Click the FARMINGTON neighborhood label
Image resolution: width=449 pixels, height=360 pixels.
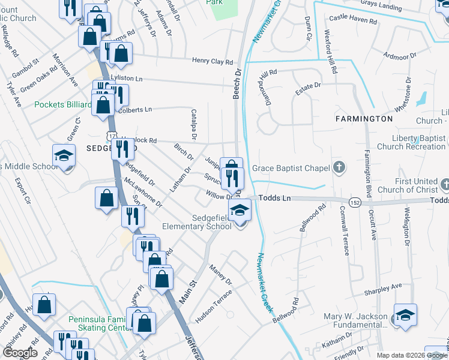click(364, 119)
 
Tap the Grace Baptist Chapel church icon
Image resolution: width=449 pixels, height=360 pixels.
click(339, 167)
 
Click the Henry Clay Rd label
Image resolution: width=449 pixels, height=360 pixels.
click(212, 61)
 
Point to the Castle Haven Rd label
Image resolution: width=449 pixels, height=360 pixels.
click(353, 21)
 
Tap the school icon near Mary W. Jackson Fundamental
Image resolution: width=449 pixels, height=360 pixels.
click(405, 315)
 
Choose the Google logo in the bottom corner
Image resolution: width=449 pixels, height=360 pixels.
click(19, 353)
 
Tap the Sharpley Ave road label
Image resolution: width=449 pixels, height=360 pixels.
click(382, 290)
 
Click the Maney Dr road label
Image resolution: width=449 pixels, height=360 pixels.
click(220, 273)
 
